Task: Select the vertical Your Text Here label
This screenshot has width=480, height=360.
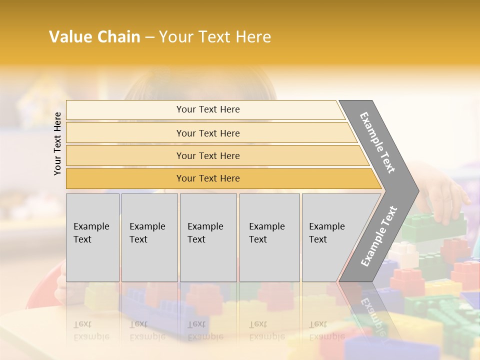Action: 57,143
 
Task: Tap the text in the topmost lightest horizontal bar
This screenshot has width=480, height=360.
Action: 208,109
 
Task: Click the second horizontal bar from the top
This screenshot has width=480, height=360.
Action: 208,133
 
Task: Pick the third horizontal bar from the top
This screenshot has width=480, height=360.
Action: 208,156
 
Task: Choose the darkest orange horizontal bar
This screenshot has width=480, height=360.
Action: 208,178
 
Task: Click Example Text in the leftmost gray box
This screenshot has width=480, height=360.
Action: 91,233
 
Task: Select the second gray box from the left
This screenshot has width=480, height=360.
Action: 149,237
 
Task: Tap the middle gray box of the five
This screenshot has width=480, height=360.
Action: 208,237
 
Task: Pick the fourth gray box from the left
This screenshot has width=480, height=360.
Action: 269,237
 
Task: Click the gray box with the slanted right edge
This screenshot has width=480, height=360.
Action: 330,237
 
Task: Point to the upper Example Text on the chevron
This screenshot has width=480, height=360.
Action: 377,142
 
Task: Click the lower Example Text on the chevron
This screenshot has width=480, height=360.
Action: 379,236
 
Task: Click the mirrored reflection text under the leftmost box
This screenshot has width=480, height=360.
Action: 91,330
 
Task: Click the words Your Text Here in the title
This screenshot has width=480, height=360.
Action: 215,37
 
